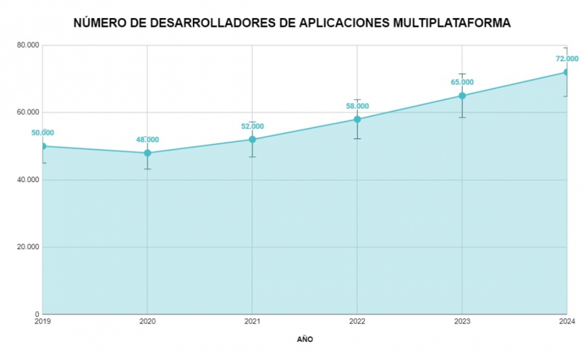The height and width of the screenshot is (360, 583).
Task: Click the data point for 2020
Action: [x=148, y=153]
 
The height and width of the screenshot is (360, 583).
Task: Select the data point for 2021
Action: [x=252, y=139]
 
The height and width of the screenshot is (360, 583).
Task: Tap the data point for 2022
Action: [x=357, y=119]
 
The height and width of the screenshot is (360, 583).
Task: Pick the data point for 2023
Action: [x=462, y=96]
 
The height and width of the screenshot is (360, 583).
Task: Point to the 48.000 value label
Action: [x=148, y=140]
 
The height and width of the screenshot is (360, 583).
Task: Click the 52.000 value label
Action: [x=252, y=126]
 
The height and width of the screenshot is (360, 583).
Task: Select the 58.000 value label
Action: [x=357, y=106]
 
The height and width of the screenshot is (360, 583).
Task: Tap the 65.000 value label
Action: [x=462, y=82]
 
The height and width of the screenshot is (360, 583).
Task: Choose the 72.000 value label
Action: [x=566, y=59]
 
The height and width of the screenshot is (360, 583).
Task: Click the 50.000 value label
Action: [x=42, y=132]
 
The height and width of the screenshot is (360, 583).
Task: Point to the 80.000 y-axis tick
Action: [x=28, y=45]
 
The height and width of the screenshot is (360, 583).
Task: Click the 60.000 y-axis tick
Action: [x=28, y=112]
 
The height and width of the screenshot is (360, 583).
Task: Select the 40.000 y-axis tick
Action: [x=28, y=180]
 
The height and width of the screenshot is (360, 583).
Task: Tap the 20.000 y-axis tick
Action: [x=28, y=247]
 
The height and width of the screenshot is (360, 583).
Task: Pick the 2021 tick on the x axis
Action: [x=252, y=321]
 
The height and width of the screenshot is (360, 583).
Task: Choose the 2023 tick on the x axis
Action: [x=462, y=321]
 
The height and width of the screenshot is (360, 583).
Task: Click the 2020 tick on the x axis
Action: [x=148, y=321]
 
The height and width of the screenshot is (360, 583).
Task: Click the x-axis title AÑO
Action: [x=304, y=338]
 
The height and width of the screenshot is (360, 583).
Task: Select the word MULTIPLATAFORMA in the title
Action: [x=452, y=23]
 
